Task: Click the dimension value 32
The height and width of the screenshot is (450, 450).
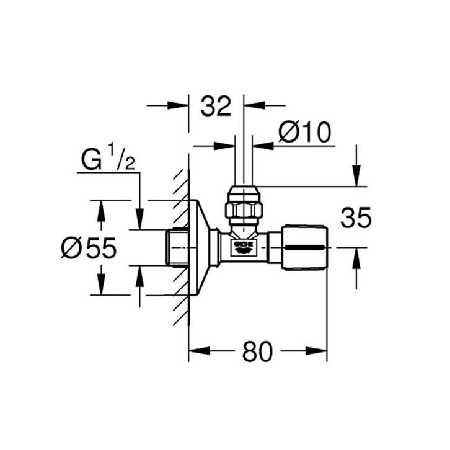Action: coord(216,106)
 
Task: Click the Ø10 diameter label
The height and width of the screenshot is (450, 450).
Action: coord(304,132)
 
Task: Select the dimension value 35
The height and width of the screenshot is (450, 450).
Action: coord(355,218)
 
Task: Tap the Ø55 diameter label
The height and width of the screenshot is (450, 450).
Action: coord(89,249)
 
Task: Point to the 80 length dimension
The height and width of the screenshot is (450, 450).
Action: coord(257,352)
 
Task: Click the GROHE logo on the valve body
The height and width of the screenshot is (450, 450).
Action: coord(244,247)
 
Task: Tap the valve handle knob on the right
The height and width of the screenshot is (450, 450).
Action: coord(304,248)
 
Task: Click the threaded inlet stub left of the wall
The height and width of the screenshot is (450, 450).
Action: coord(177,248)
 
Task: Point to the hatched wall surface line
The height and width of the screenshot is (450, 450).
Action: coord(181,248)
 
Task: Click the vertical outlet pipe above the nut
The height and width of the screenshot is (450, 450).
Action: coord(244,161)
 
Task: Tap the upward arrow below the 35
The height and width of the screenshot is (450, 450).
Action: coord(356,257)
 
